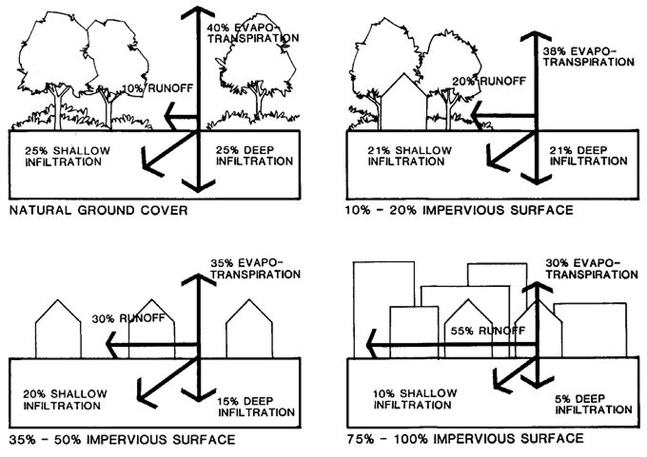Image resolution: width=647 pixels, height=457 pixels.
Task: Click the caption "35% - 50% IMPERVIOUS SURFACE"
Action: tap(119, 440)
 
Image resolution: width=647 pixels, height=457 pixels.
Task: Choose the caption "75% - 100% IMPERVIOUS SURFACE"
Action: tap(466, 440)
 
